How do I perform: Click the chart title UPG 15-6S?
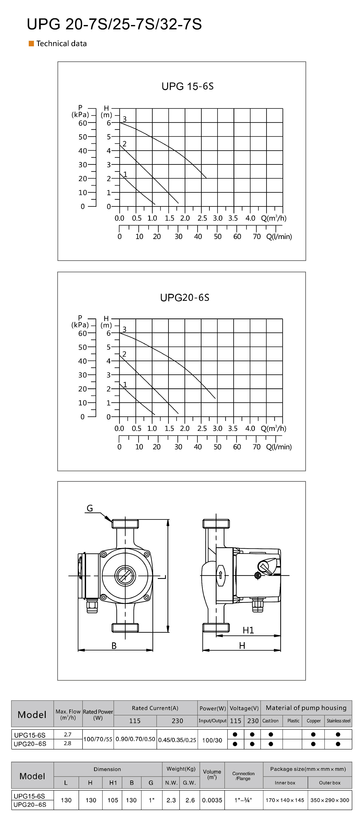coord(188,86)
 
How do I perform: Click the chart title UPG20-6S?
coord(185,298)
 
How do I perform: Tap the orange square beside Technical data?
coord(31,44)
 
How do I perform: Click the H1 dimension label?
coord(248,630)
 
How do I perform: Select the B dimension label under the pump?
coord(114,646)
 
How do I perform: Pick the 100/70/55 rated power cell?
coord(98,739)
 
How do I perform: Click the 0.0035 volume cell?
coord(212,800)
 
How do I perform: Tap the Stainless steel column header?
coord(338,721)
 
